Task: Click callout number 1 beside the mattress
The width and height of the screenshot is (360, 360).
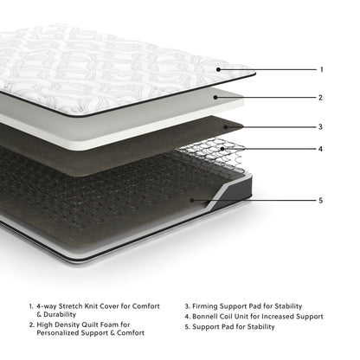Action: coord(321,69)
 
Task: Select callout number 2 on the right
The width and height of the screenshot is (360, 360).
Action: coord(321,98)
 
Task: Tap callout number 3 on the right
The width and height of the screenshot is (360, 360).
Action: coord(321,126)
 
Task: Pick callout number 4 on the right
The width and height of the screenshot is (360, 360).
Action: coord(321,149)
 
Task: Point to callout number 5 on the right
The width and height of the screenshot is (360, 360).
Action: coord(321,201)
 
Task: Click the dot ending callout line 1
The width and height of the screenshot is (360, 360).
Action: coord(219,69)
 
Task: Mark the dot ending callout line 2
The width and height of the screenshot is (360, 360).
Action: coord(217,98)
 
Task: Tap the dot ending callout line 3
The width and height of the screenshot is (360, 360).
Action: coord(228,126)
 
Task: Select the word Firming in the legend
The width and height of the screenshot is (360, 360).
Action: coord(210,306)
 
